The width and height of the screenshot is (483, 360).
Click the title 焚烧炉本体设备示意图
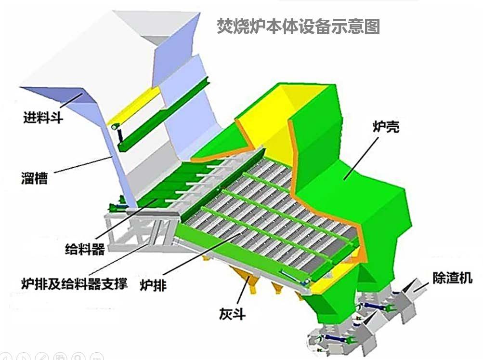pyautogui.click(x=298, y=26)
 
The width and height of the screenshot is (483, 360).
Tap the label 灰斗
pyautogui.click(x=232, y=314)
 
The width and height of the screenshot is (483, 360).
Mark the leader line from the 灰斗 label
pyautogui.click(x=243, y=293)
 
